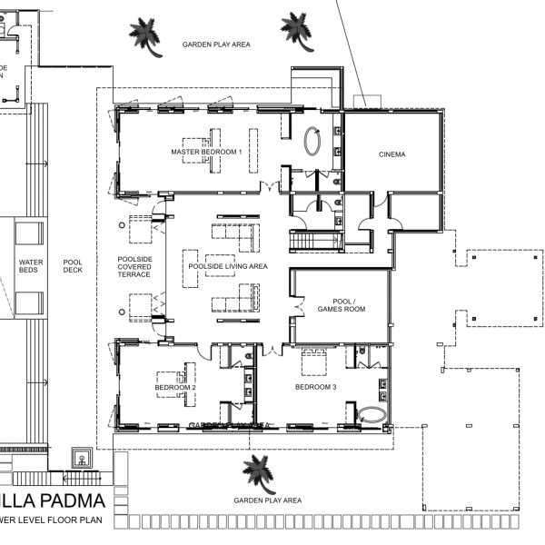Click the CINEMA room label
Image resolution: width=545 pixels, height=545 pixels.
(x=392, y=154)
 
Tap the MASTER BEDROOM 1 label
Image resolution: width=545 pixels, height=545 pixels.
(x=206, y=152)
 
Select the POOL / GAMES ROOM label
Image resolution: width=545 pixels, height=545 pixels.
(x=341, y=304)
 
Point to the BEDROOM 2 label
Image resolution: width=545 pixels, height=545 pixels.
(x=176, y=388)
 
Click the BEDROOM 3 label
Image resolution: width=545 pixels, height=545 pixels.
(x=316, y=388)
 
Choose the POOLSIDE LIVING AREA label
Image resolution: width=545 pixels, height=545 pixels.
(x=227, y=266)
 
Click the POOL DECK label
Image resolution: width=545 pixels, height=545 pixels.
(x=73, y=266)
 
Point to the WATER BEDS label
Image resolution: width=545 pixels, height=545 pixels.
(x=31, y=266)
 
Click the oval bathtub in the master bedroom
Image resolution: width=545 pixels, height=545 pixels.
(x=312, y=144)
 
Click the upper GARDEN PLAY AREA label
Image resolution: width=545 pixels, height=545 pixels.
(x=216, y=44)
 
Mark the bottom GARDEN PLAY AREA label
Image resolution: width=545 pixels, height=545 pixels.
(x=267, y=500)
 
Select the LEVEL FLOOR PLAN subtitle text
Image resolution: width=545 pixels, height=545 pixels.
(x=59, y=520)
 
